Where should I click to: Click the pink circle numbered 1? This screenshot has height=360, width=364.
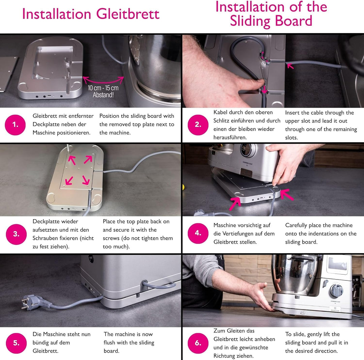click(15, 125)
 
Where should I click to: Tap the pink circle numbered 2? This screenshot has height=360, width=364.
click(198, 125)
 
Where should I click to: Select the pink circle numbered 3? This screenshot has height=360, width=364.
click(16, 234)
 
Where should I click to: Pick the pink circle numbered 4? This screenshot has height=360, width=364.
click(198, 233)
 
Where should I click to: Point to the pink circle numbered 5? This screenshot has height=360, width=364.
click(16, 343)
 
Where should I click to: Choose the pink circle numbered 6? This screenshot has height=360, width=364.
click(198, 343)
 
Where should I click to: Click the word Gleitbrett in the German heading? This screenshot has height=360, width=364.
click(128, 14)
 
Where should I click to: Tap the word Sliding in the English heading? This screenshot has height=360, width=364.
click(250, 21)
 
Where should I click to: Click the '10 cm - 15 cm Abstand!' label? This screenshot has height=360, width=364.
click(103, 91)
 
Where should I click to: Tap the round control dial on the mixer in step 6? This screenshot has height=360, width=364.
click(336, 291)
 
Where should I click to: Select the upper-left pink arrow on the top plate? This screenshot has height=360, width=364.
click(72, 160)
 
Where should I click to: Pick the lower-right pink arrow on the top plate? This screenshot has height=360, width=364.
click(86, 180)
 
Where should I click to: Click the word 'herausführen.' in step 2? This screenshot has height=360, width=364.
click(230, 138)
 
